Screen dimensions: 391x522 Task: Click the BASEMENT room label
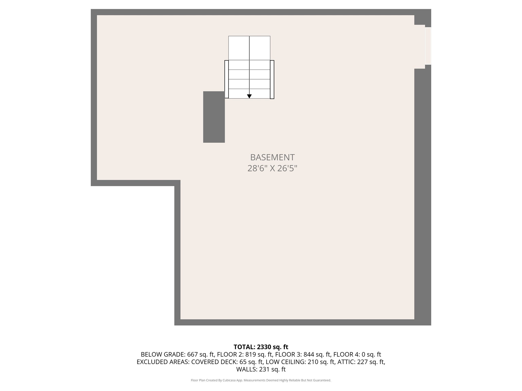click(272, 157)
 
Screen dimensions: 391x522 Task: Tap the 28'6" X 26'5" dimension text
click(272, 168)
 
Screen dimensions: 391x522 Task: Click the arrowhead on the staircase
click(249, 96)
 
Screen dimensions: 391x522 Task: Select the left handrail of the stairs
click(226, 79)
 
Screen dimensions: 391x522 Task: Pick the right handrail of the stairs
click(272, 79)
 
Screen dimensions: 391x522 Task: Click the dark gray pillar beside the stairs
click(214, 117)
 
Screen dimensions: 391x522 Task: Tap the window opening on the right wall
click(428, 46)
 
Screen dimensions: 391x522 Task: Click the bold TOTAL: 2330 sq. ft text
click(261, 347)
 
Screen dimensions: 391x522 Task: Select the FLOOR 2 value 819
click(250, 354)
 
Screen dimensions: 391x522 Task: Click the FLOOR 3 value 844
click(308, 354)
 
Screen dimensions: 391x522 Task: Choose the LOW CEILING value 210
click(313, 362)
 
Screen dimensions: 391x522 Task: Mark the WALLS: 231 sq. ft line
click(261, 369)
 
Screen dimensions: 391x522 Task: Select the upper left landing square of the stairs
click(239, 48)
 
